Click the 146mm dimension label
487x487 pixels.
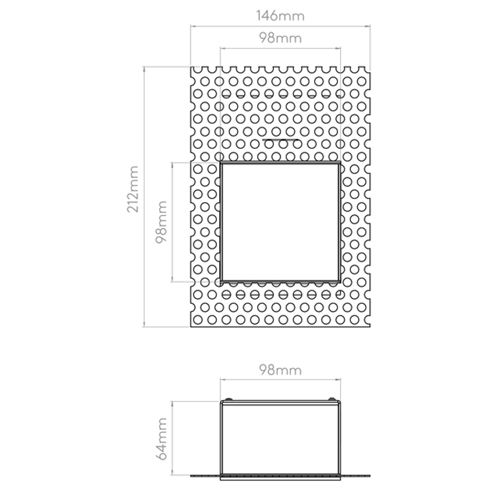(x=280, y=16)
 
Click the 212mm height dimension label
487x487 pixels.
(x=133, y=189)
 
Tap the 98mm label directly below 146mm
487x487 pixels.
(x=280, y=38)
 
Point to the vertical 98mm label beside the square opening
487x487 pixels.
(x=161, y=222)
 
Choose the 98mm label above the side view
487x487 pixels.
(x=280, y=370)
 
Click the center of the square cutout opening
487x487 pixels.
(x=280, y=222)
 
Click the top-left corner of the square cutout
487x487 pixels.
(x=221, y=162)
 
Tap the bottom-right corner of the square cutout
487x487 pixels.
(x=340, y=282)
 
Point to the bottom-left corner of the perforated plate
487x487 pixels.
(x=190, y=327)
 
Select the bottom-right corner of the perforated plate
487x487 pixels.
(x=370, y=327)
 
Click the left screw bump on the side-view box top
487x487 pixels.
(x=229, y=399)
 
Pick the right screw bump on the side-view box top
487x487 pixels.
(x=331, y=399)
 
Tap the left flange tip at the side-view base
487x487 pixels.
(x=190, y=476)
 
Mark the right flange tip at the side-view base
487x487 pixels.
(x=370, y=476)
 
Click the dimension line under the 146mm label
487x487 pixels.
(x=280, y=26)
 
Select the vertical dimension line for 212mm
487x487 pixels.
(x=144, y=196)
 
